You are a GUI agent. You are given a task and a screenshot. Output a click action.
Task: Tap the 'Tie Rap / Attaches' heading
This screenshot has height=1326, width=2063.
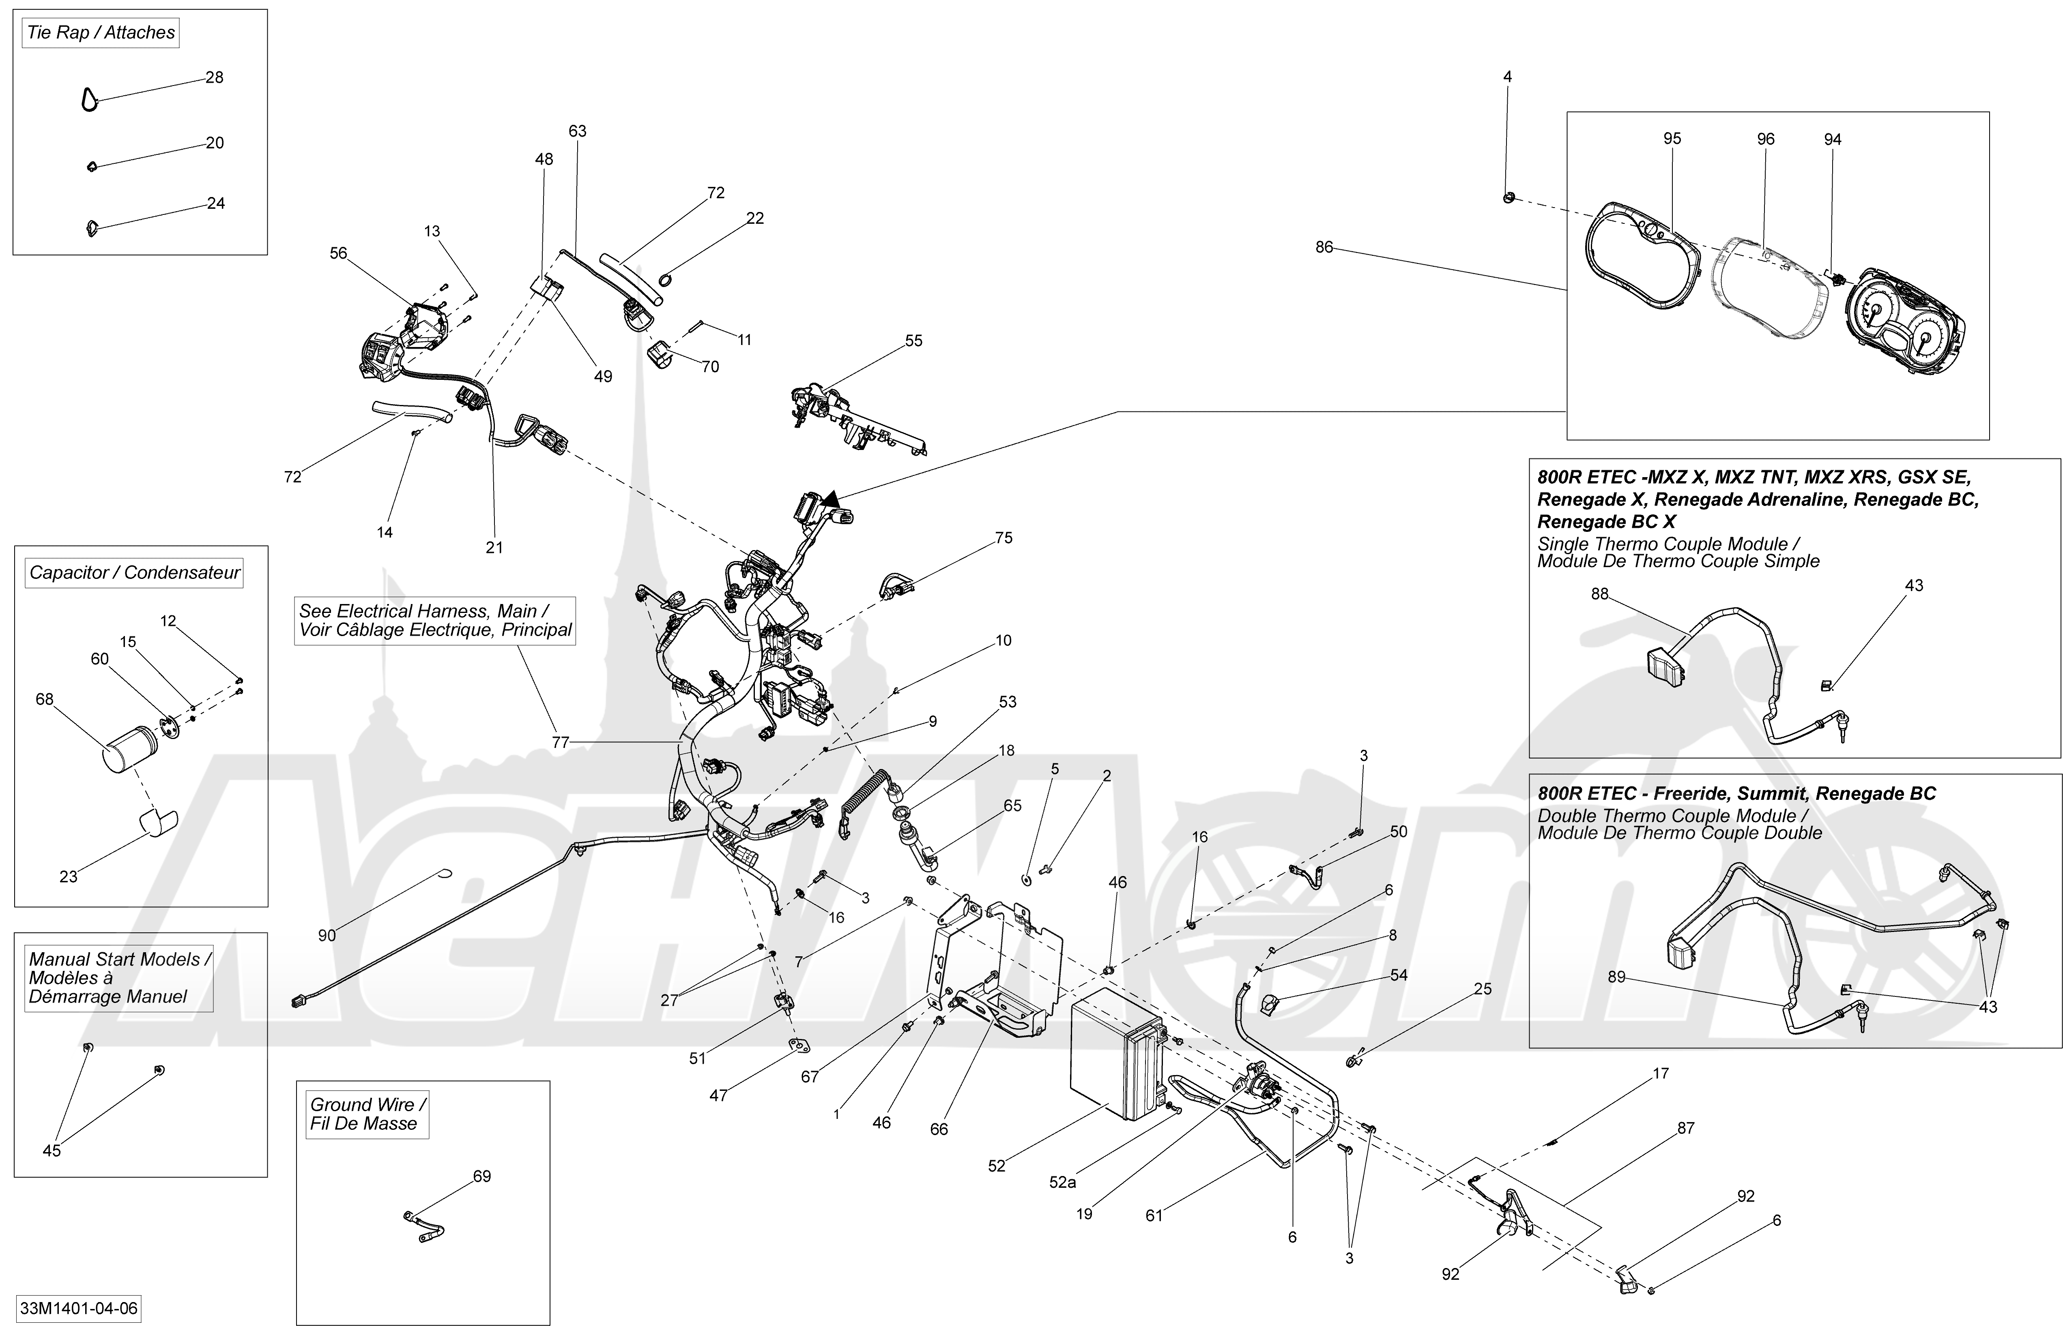point(101,33)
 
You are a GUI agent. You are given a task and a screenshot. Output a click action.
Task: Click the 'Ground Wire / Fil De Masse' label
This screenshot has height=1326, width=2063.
point(368,1114)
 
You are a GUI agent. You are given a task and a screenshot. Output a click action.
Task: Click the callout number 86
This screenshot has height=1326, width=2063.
point(1324,247)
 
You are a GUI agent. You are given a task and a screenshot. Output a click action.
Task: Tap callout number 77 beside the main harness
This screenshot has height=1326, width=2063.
point(561,742)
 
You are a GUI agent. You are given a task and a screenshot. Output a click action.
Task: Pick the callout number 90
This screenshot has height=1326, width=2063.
point(327,935)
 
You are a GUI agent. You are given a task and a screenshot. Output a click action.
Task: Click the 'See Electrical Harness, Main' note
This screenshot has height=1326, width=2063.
point(435,620)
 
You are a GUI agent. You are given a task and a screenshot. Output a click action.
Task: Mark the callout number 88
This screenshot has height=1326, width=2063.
point(1600,594)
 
